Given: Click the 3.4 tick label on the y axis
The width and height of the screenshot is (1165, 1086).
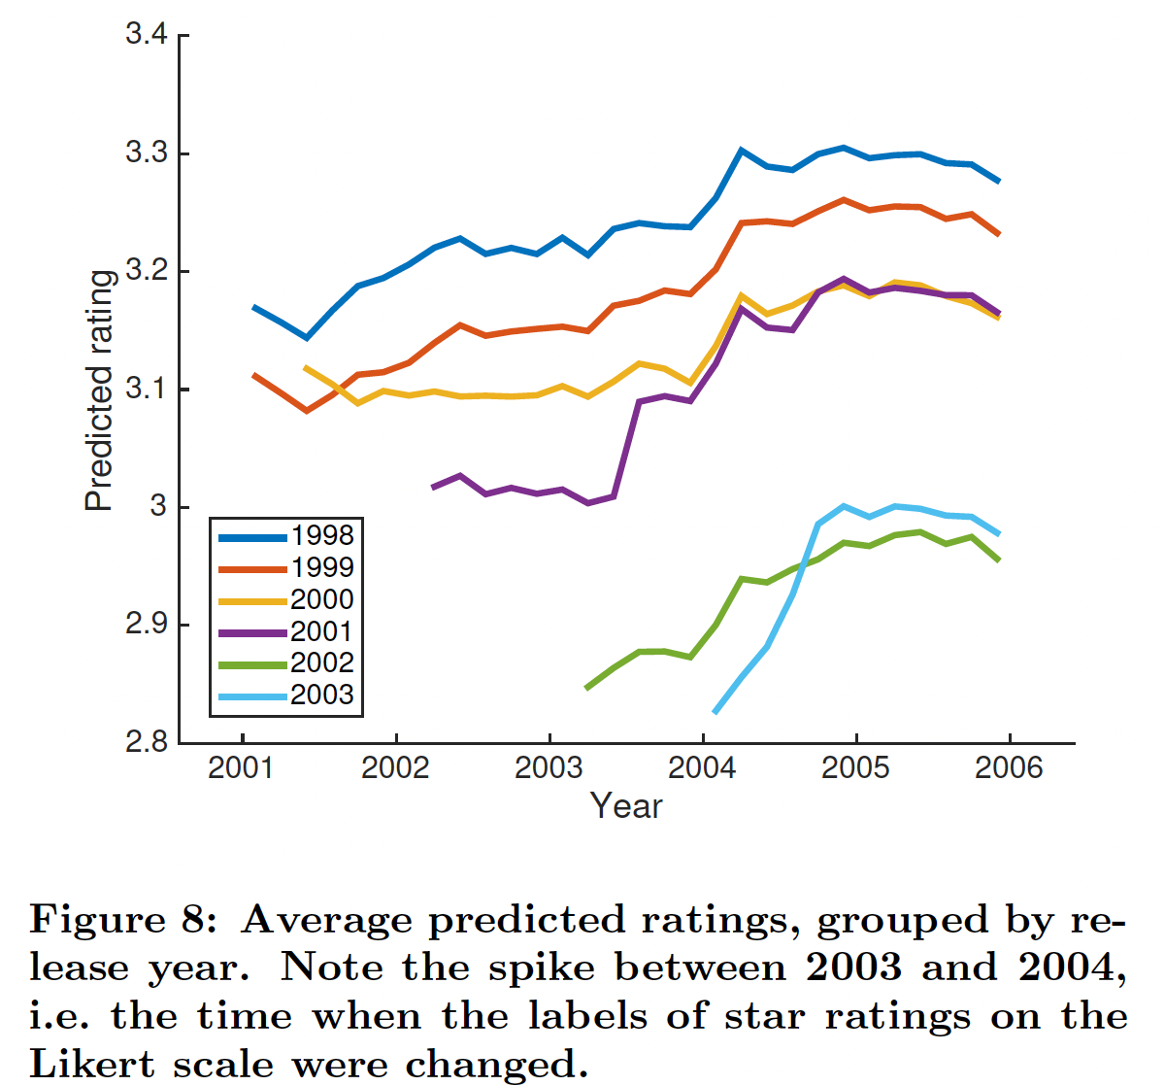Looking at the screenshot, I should pos(147,36).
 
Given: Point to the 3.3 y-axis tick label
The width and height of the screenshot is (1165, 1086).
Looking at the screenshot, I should pos(147,153).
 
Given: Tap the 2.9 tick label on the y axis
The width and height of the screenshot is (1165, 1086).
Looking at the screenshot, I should pos(147,625).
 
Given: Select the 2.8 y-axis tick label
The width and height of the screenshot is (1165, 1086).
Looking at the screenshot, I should pos(147,742).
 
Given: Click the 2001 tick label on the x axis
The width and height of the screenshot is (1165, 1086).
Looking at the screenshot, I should pos(242,768).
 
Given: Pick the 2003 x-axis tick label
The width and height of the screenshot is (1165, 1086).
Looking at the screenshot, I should pos(549,768).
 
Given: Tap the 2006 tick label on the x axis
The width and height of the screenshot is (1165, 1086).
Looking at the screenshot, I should pos(1009,768).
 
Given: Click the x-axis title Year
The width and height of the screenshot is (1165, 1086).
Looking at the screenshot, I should pos(626,806).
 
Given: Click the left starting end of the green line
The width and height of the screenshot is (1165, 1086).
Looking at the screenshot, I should pos(586,688).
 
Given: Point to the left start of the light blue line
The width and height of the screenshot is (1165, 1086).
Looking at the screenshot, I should pos(716,712).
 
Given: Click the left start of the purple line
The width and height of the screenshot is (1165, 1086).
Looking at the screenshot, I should pos(433,487).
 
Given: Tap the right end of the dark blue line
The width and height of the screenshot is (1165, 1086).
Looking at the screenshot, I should pos(999,182).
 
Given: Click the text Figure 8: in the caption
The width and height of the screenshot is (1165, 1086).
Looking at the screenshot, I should pos(122,920).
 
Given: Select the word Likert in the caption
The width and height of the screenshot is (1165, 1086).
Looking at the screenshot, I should pos(92,1065).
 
